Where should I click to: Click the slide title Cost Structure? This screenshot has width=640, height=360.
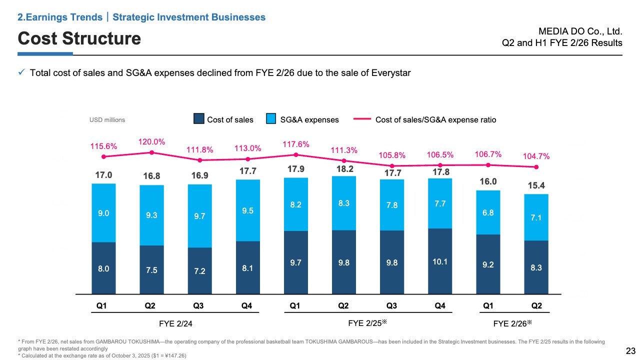79,38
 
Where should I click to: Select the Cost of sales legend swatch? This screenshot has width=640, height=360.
199,119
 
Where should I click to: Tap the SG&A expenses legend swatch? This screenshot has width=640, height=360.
271,119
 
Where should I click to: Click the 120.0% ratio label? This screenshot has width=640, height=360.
151,142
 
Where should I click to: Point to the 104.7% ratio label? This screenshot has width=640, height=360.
536,156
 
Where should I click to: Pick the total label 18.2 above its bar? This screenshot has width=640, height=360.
343,169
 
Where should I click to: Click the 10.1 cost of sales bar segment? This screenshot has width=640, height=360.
440,261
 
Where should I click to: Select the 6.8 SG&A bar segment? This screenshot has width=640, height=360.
488,212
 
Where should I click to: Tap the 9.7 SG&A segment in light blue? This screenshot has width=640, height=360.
199,216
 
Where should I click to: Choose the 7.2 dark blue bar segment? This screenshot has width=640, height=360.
199,270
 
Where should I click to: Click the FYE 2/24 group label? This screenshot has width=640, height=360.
175,323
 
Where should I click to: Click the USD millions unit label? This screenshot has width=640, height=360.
107,120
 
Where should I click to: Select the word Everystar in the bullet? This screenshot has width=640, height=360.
392,73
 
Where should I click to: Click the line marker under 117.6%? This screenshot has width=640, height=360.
296,154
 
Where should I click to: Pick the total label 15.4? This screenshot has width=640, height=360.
536,185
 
